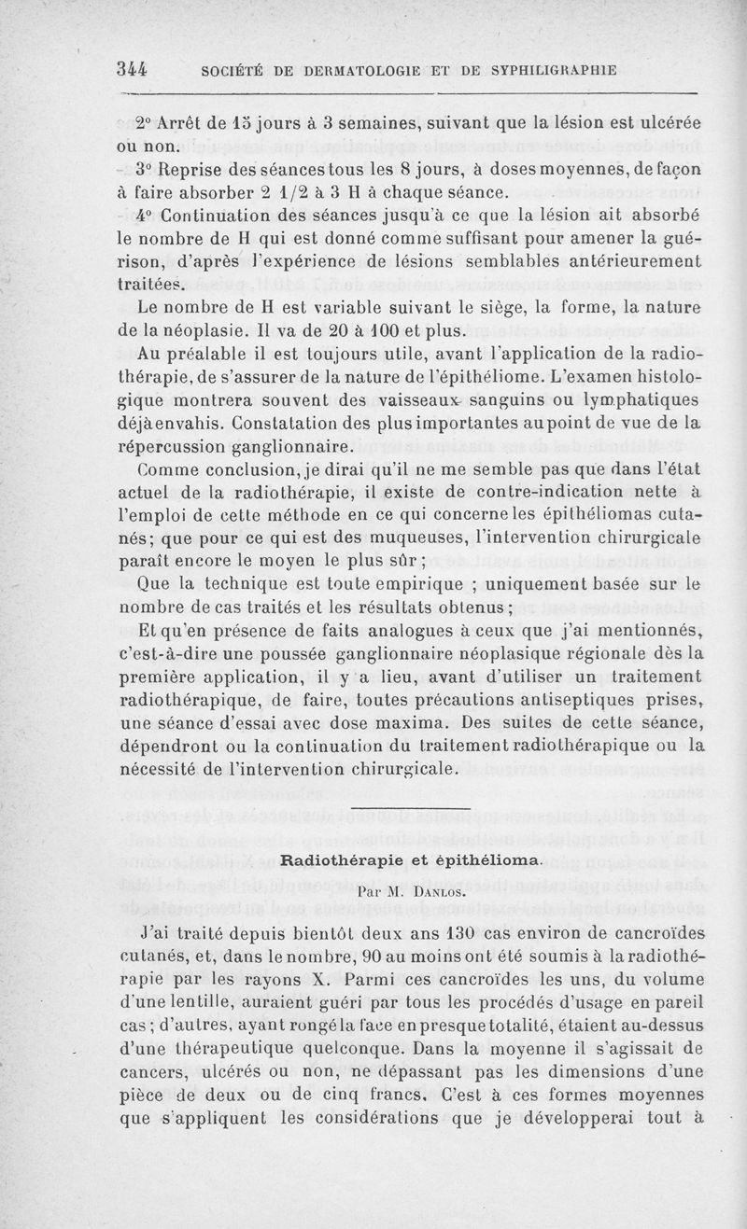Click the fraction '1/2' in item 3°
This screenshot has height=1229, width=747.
tap(275, 193)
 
